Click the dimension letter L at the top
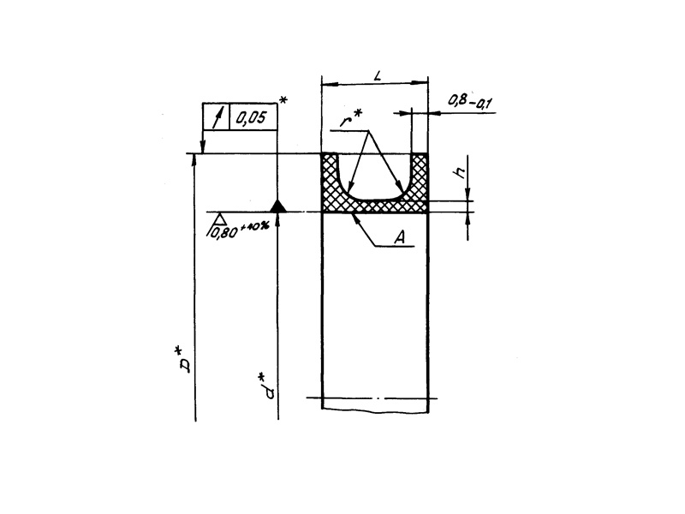[378, 75]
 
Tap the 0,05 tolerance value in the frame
[251, 117]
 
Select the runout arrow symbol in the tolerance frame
[217, 117]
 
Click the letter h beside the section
[461, 173]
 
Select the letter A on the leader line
[399, 237]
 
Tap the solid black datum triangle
[277, 206]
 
